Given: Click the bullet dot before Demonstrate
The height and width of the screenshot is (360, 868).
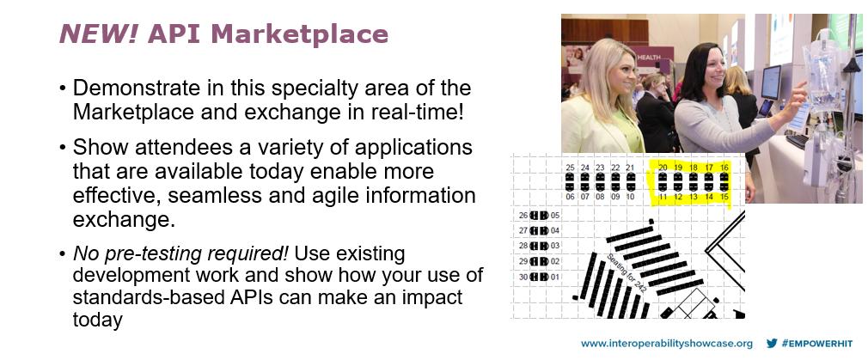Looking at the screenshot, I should click(63, 88).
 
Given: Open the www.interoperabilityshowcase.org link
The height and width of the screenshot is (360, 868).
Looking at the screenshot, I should click(666, 344).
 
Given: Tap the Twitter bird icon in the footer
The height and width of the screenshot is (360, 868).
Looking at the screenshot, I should click(772, 344).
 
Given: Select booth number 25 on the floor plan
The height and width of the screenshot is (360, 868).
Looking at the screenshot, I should click(570, 168).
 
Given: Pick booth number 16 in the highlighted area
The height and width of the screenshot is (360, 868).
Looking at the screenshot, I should click(724, 168).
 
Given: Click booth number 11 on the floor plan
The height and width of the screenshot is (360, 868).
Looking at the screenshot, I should click(662, 197).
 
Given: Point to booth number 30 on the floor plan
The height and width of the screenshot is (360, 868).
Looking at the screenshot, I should click(523, 277).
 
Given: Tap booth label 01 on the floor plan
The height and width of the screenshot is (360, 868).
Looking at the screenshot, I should click(555, 277).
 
